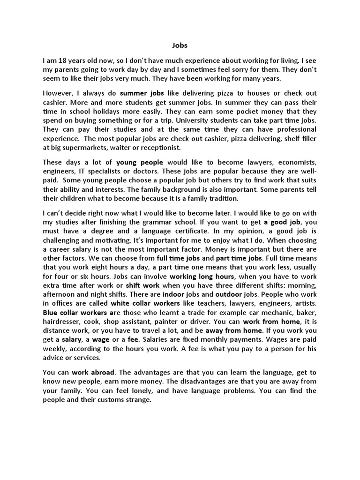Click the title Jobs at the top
coord(180,46)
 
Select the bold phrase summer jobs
coord(140,93)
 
